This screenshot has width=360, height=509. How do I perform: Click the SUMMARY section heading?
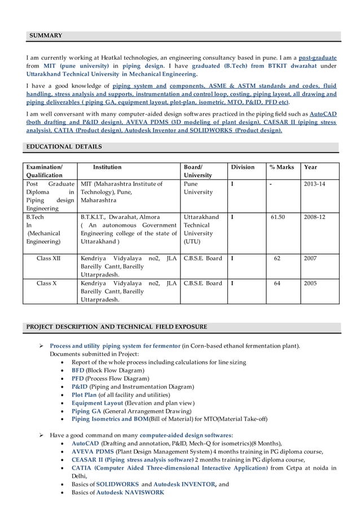click(46, 36)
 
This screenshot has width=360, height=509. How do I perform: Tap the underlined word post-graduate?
click(318, 58)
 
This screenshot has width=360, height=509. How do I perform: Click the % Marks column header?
click(282, 167)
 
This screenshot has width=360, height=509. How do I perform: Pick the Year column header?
click(310, 167)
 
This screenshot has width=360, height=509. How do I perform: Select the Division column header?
click(243, 167)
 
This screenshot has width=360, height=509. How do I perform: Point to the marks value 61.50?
click(277, 217)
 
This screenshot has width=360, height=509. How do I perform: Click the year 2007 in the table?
click(310, 258)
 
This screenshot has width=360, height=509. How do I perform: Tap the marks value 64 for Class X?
click(277, 283)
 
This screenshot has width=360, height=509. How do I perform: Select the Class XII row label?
click(50, 258)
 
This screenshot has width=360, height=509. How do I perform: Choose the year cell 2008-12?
click(315, 217)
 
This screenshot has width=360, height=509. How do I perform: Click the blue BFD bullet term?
click(78, 370)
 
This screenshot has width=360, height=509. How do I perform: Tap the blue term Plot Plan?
click(84, 395)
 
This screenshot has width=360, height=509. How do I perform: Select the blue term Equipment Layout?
click(98, 403)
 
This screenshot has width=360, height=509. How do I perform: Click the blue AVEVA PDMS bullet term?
click(93, 451)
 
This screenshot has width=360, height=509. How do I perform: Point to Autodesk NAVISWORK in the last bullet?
click(130, 492)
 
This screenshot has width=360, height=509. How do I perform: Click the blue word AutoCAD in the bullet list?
click(85, 444)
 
